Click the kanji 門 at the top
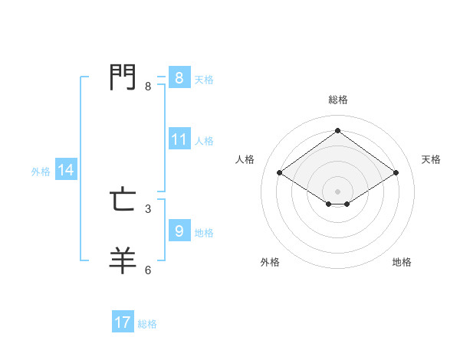click(123, 77)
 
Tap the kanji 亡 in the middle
click(123, 201)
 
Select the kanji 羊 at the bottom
click(123, 260)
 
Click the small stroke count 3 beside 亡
click(148, 208)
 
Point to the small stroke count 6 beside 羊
click(148, 270)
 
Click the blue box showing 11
click(179, 140)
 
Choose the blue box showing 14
click(66, 171)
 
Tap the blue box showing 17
click(123, 322)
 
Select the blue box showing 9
click(179, 231)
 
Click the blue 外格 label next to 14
click(41, 172)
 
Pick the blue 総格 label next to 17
click(147, 324)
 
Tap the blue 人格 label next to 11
click(204, 141)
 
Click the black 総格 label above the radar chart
click(337, 100)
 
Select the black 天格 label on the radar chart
click(431, 159)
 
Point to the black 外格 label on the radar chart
click(270, 262)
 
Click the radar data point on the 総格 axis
click(337, 130)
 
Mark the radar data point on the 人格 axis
click(280, 173)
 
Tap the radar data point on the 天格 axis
click(396, 173)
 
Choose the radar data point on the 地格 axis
click(347, 204)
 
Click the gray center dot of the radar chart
click(337, 191)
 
